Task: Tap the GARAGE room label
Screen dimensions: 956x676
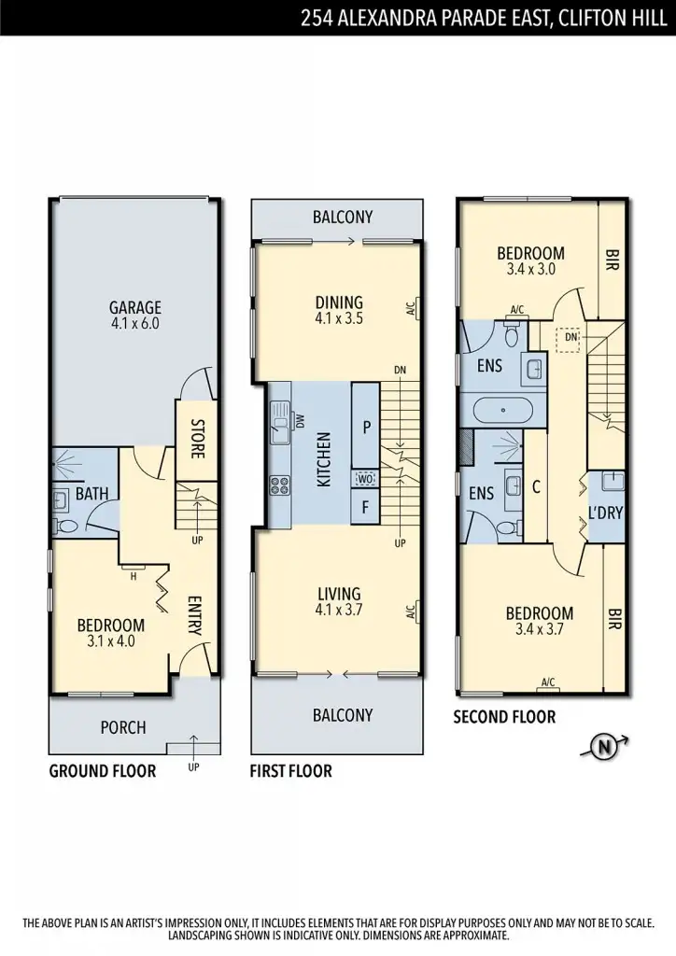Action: pyautogui.click(x=135, y=307)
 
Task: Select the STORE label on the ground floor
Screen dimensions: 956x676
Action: pyautogui.click(x=197, y=440)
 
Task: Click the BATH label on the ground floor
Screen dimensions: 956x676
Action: pyautogui.click(x=90, y=492)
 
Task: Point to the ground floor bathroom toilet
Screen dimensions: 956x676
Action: pyautogui.click(x=63, y=527)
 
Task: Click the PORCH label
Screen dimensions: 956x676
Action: pyautogui.click(x=123, y=727)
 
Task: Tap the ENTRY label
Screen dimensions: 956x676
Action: pyautogui.click(x=194, y=616)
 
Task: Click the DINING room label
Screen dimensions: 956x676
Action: pyautogui.click(x=339, y=302)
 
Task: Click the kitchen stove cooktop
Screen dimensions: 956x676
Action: pyautogui.click(x=280, y=484)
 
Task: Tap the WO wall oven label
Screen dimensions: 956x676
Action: pyautogui.click(x=365, y=479)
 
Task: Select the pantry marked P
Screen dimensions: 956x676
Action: pyautogui.click(x=365, y=426)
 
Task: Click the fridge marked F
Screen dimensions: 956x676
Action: pyautogui.click(x=365, y=509)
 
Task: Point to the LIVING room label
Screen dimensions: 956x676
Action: pyautogui.click(x=338, y=594)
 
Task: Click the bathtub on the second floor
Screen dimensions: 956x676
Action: pyautogui.click(x=501, y=410)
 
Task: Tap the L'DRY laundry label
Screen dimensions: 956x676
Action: pyautogui.click(x=606, y=512)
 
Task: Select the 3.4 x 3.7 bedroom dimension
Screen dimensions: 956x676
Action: pyautogui.click(x=539, y=629)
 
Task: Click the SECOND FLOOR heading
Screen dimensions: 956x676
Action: pyautogui.click(x=504, y=717)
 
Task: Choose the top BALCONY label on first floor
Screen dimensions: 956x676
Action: pyautogui.click(x=343, y=217)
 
